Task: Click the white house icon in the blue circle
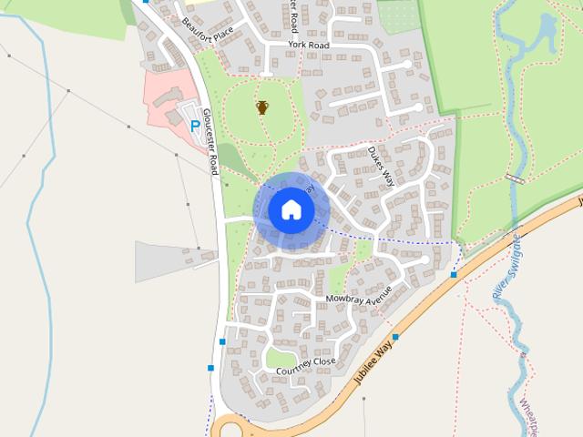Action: tap(291, 209)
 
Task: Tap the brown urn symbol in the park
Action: tap(262, 107)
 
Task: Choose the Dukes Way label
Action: tap(382, 167)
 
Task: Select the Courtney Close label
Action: tap(305, 363)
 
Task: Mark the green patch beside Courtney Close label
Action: tap(280, 357)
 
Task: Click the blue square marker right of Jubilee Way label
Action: tap(395, 337)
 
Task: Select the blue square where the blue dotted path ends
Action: tap(454, 274)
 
